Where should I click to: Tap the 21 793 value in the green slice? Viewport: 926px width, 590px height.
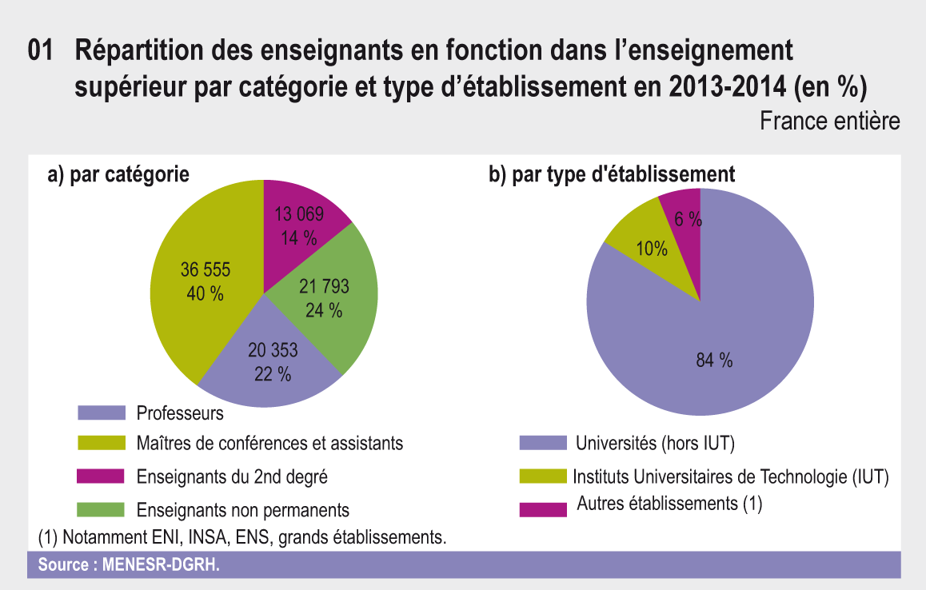[x=324, y=286]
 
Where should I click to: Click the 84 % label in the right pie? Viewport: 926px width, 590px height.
[x=715, y=361]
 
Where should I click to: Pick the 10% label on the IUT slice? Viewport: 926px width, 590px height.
[x=652, y=249]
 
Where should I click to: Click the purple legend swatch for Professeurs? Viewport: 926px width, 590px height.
[x=102, y=413]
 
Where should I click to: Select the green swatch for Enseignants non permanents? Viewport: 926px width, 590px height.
[x=102, y=509]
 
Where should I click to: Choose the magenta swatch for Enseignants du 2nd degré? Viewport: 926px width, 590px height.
[x=102, y=477]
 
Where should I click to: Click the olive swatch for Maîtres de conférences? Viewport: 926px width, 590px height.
[x=102, y=443]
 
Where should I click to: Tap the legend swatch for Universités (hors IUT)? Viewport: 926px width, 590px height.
[x=543, y=442]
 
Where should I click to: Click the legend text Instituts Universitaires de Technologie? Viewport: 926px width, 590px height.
[x=731, y=477]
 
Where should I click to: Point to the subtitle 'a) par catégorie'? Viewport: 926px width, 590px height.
[x=118, y=174]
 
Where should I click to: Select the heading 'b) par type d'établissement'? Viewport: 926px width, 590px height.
[x=611, y=174]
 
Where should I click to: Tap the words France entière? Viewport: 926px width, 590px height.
[x=829, y=122]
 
